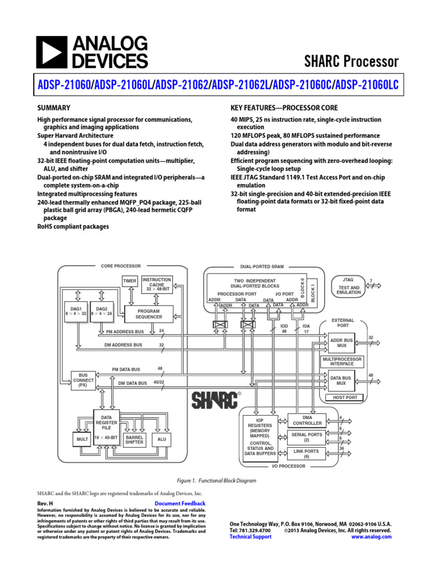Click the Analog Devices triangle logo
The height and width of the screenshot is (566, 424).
coord(51,52)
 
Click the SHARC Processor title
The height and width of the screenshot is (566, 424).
coord(351,61)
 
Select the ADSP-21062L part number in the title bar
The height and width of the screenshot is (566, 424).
coord(241,84)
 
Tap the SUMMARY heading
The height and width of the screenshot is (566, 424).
coord(53,108)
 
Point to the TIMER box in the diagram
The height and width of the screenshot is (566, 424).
coord(130,281)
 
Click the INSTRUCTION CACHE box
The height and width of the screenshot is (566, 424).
coord(157,284)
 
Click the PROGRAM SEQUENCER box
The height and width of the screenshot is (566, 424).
coord(150,314)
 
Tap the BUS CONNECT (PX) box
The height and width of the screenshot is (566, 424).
coord(83,380)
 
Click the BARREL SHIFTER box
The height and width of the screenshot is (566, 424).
coord(134,439)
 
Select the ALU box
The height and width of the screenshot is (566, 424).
coord(162,439)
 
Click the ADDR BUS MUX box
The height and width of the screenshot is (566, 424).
coord(341,343)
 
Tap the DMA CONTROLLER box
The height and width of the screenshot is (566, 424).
coord(307,420)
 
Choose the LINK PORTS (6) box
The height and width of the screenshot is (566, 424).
coord(307,453)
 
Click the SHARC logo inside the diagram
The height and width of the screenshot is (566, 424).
coord(216,400)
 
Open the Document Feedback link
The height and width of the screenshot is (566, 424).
coord(180,504)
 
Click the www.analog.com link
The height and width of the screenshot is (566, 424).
coord(371,537)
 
